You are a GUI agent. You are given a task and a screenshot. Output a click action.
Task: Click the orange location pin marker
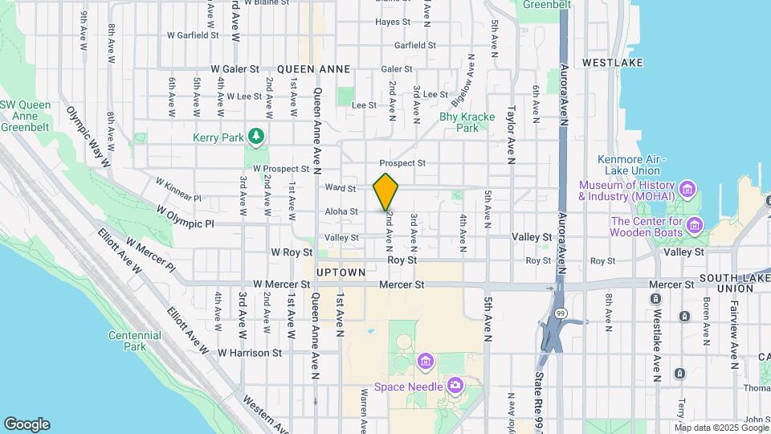click(x=386, y=191)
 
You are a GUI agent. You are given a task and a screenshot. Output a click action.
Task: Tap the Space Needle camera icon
click(x=455, y=387)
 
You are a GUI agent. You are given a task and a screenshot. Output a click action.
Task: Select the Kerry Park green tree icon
click(x=256, y=137)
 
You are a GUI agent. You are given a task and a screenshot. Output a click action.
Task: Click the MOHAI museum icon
click(x=687, y=190)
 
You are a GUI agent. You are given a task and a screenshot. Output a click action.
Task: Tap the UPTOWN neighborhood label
click(x=341, y=272)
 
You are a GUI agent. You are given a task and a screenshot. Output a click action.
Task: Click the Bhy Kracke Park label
click(x=467, y=122)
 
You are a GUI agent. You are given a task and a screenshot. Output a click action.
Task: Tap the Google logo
click(x=27, y=424)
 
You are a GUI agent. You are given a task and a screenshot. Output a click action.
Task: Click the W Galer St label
click(x=235, y=70)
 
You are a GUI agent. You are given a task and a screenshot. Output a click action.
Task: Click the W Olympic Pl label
click(x=186, y=216)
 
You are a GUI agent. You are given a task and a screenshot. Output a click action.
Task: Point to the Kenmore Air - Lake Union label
click(x=629, y=165)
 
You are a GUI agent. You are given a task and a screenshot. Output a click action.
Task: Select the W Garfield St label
click(x=193, y=35)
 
